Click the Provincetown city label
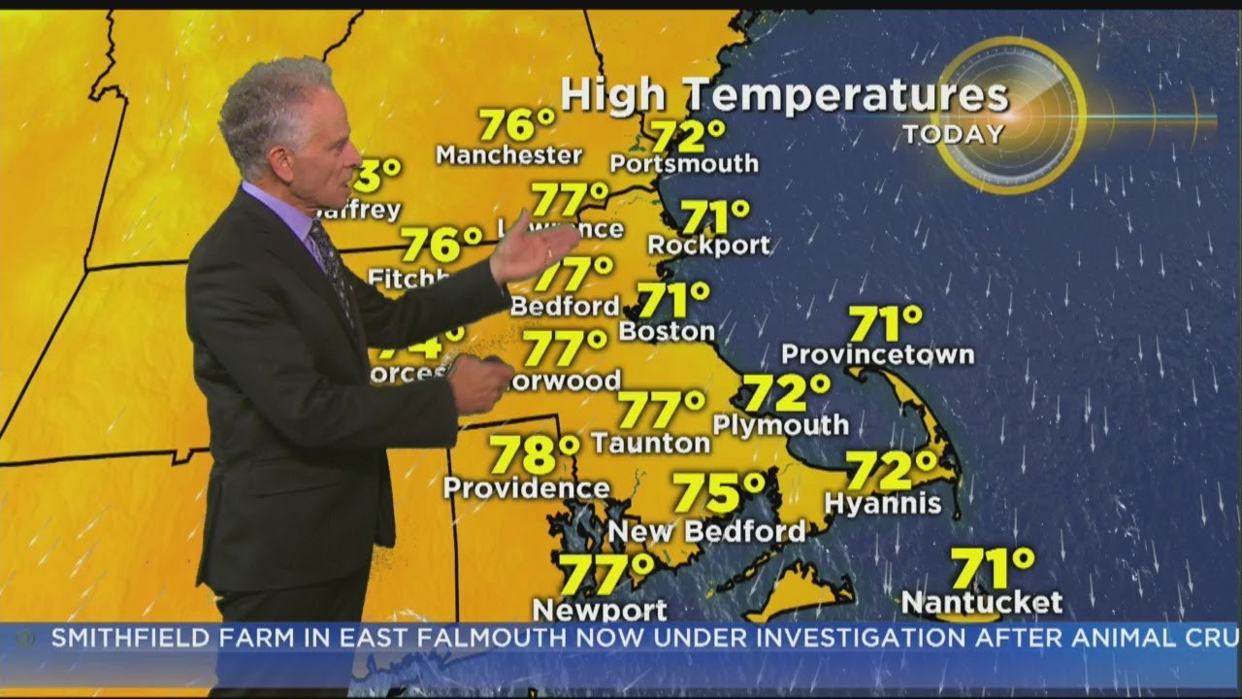click(877, 354)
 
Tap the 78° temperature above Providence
click(535, 453)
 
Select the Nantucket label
click(981, 603)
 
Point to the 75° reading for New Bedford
click(719, 492)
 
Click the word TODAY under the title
click(954, 134)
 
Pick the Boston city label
click(667, 331)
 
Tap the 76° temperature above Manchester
click(517, 124)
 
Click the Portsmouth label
click(684, 163)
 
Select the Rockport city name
click(708, 245)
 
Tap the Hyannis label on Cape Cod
click(882, 503)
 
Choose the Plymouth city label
click(780, 425)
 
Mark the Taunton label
click(650, 444)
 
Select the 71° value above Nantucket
click(992, 567)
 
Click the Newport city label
click(599, 610)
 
